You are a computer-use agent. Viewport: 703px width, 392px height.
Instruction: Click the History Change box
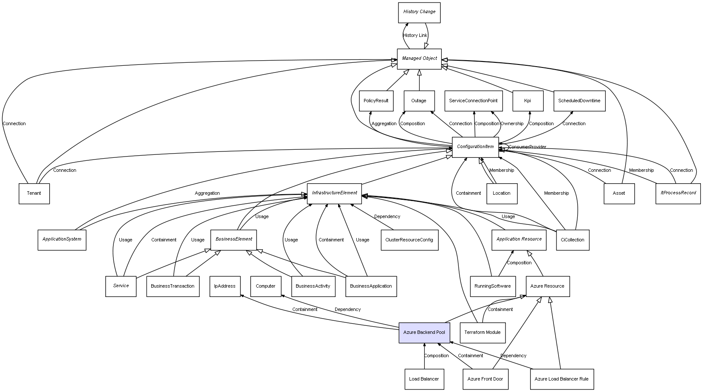tap(419, 12)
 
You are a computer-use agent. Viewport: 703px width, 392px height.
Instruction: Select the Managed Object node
tap(419, 59)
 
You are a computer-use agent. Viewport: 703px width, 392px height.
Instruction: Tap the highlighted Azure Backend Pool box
tap(424, 332)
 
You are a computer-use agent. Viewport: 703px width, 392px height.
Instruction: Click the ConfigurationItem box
tap(475, 147)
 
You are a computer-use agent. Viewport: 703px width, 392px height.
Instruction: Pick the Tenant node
tap(34, 193)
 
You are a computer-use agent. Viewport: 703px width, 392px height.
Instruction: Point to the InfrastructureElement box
tap(334, 193)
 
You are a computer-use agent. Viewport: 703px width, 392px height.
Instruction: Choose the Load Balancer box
tap(424, 379)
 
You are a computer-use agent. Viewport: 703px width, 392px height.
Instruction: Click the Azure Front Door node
tap(485, 379)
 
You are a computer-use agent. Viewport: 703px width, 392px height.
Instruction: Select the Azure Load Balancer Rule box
tap(561, 379)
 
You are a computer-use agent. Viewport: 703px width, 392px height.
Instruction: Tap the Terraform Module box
tap(482, 332)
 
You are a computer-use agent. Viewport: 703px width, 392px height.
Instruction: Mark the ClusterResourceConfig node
tap(409, 240)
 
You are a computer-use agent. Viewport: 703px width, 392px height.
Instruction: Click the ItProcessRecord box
tap(678, 193)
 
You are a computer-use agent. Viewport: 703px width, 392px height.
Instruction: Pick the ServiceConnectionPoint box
tap(473, 101)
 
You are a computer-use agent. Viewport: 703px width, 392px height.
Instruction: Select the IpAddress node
tap(225, 286)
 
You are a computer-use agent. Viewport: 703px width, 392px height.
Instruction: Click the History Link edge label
tap(415, 36)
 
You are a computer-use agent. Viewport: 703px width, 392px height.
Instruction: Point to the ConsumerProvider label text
tap(527, 147)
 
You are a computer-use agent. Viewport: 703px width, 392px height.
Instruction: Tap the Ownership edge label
tap(512, 124)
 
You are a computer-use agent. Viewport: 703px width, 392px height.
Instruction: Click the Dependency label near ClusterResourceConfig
tap(387, 217)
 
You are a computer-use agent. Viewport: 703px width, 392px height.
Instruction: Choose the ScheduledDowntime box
tap(579, 101)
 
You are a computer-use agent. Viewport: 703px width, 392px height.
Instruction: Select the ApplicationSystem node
tap(62, 240)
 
